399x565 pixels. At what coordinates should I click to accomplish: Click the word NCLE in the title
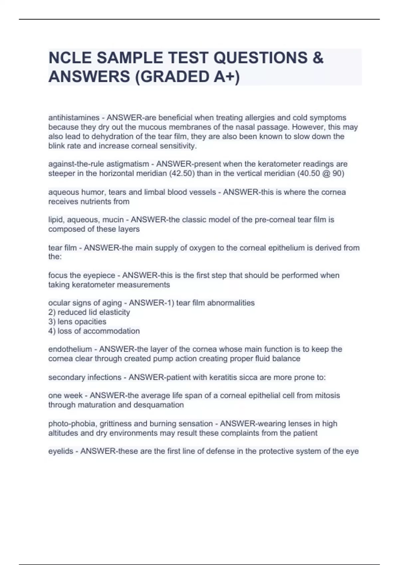click(70, 58)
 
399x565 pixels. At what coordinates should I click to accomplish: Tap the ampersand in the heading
click(318, 58)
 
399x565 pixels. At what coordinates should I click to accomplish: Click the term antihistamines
click(74, 118)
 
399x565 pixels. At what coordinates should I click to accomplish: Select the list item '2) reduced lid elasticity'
click(89, 312)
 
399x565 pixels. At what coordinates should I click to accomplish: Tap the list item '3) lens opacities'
click(77, 322)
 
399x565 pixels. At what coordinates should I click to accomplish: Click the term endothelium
click(70, 349)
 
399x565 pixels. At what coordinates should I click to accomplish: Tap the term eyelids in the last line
click(61, 451)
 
